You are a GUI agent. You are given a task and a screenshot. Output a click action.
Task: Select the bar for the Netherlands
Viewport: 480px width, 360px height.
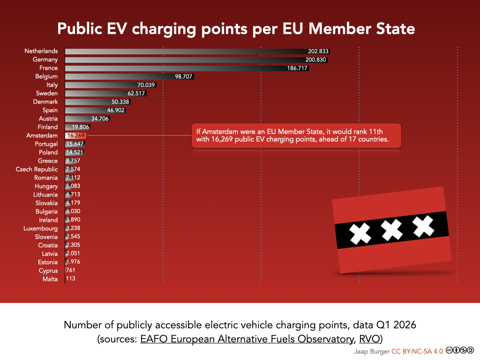coord(187,51)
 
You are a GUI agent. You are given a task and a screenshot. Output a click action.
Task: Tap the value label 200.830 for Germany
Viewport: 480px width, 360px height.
coord(315,60)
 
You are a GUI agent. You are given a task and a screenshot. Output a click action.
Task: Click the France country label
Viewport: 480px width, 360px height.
coord(49,68)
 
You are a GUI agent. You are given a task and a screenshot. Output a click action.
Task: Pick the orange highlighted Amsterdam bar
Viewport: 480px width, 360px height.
coord(75,135)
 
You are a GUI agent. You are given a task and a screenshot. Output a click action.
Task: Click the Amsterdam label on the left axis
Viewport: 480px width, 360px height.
coord(42,135)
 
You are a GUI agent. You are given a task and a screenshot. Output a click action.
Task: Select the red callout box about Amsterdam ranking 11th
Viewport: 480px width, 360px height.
coord(296,136)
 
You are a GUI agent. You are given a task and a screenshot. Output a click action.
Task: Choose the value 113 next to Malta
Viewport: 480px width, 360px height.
coord(70,279)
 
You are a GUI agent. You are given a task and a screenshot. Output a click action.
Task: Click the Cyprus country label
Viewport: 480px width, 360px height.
coord(48,270)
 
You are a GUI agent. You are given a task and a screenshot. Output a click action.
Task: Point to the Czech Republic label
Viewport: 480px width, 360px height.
coord(37,169)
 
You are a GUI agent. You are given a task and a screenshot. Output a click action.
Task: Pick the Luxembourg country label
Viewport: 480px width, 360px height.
coord(41,228)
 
